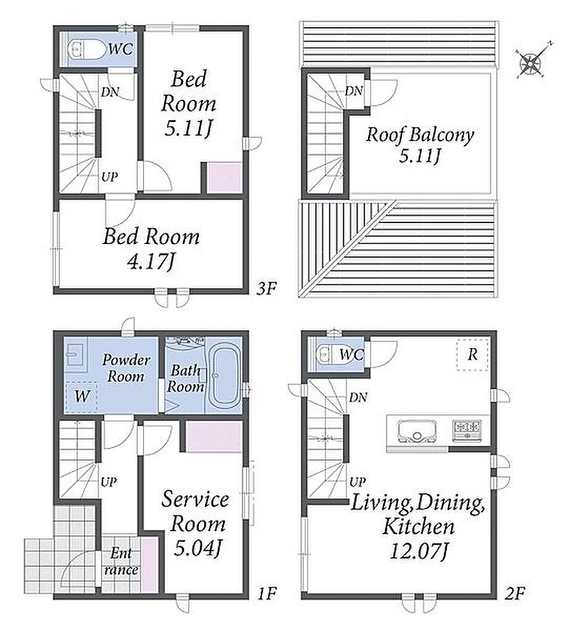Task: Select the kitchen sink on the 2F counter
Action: tap(417, 431)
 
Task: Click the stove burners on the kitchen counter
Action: tap(466, 429)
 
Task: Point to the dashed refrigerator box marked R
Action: tap(472, 355)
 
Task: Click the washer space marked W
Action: tap(82, 397)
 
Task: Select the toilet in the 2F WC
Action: tap(333, 354)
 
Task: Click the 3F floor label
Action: tap(266, 288)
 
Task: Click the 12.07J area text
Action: tap(419, 551)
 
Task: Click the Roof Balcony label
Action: tap(420, 134)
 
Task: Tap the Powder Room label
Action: tap(126, 368)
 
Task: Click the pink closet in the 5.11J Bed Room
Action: tap(224, 178)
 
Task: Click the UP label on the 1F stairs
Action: tap(108, 482)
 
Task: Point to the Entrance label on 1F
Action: tap(121, 561)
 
